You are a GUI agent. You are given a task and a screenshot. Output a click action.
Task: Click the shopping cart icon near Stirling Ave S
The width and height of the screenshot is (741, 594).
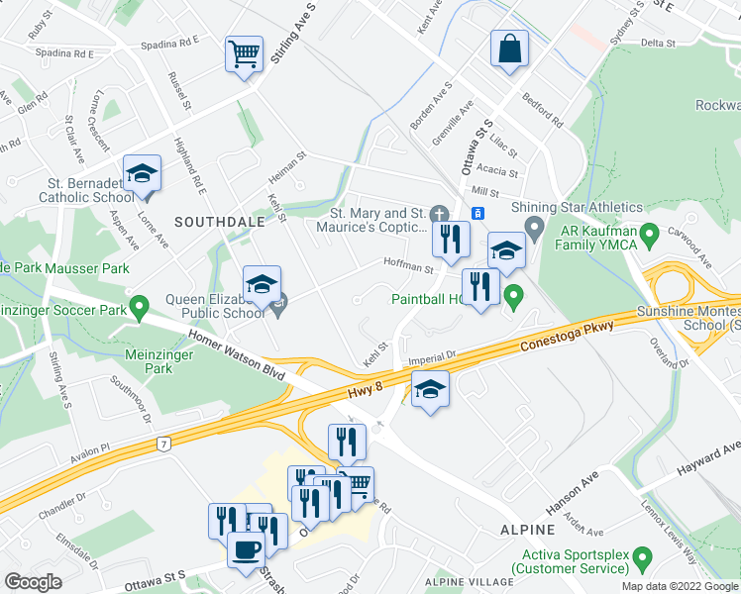point(244,54)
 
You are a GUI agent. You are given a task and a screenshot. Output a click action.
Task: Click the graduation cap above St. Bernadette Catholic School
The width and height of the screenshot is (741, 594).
point(142,173)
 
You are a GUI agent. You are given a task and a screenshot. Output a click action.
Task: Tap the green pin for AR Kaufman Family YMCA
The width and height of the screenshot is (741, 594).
point(650,236)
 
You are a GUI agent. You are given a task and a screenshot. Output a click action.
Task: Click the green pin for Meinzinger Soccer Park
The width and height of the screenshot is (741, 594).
point(140,310)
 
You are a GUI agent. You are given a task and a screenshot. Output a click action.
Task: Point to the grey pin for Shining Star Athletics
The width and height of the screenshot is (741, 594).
point(535,232)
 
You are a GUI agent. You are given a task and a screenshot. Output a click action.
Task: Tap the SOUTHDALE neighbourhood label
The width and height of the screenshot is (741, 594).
point(220,223)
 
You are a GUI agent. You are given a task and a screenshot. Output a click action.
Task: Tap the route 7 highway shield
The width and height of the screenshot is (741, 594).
point(160,445)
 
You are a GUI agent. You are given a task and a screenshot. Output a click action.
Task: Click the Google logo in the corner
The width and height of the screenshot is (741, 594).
point(33,582)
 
